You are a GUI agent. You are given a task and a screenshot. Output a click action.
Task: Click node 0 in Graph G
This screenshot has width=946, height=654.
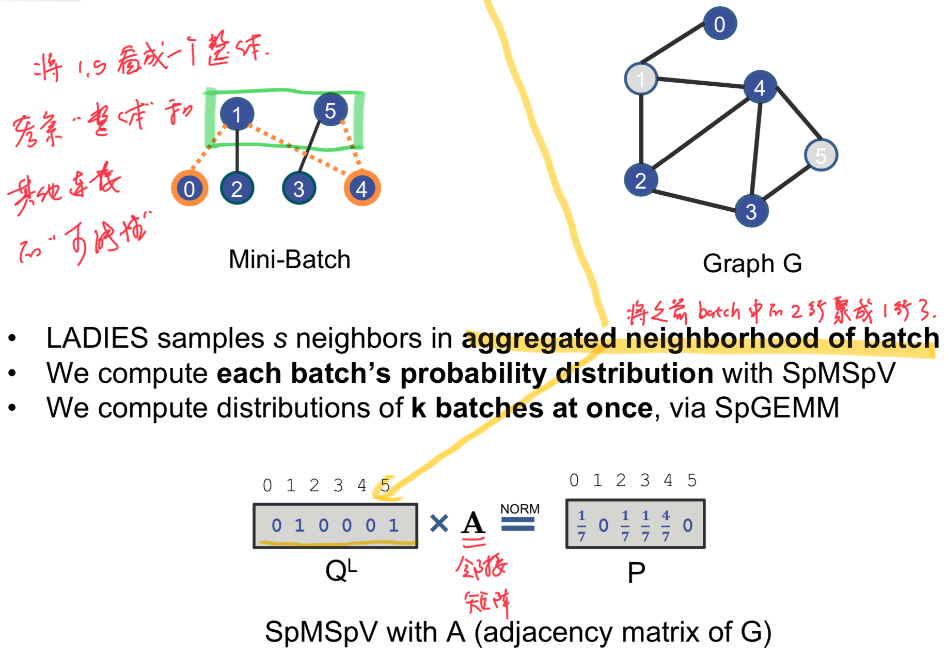[x=719, y=24]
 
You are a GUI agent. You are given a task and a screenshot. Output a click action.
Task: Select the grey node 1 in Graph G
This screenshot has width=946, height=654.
[x=641, y=79]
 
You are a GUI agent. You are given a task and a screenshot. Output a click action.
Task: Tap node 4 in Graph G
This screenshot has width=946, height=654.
[x=760, y=87]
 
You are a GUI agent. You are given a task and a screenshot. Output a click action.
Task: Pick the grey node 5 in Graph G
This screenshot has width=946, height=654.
[x=821, y=155]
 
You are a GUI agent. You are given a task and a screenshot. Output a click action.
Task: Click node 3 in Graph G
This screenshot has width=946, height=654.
[x=751, y=211]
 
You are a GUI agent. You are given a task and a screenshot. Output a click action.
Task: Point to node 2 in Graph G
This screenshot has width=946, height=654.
[x=640, y=180]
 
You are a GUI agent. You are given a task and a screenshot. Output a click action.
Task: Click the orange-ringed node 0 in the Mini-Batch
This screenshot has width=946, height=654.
[x=190, y=189]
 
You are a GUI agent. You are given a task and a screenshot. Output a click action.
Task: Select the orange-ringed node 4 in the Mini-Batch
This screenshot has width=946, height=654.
[x=362, y=189]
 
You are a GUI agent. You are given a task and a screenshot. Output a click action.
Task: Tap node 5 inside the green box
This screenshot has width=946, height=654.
[x=330, y=110]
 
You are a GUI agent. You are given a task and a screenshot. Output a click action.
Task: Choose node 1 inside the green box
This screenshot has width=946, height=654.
[x=236, y=114]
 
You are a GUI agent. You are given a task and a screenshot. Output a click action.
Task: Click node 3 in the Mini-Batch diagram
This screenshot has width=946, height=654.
[x=299, y=189]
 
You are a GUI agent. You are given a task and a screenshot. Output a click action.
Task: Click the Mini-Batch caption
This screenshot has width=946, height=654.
[x=289, y=259]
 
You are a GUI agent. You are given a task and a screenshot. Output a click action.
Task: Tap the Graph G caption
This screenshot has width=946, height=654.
[x=752, y=263]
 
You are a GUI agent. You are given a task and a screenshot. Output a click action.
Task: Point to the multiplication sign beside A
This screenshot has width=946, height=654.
[x=439, y=523]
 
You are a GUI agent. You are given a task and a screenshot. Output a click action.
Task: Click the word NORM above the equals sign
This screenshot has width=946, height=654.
[x=519, y=509]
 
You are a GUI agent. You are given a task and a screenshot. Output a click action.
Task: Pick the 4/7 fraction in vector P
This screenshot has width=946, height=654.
[x=666, y=525]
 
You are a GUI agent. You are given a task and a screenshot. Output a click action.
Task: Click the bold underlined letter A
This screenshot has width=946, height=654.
[x=474, y=523]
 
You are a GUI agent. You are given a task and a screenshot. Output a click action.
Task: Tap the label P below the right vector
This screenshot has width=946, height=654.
[x=636, y=572]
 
